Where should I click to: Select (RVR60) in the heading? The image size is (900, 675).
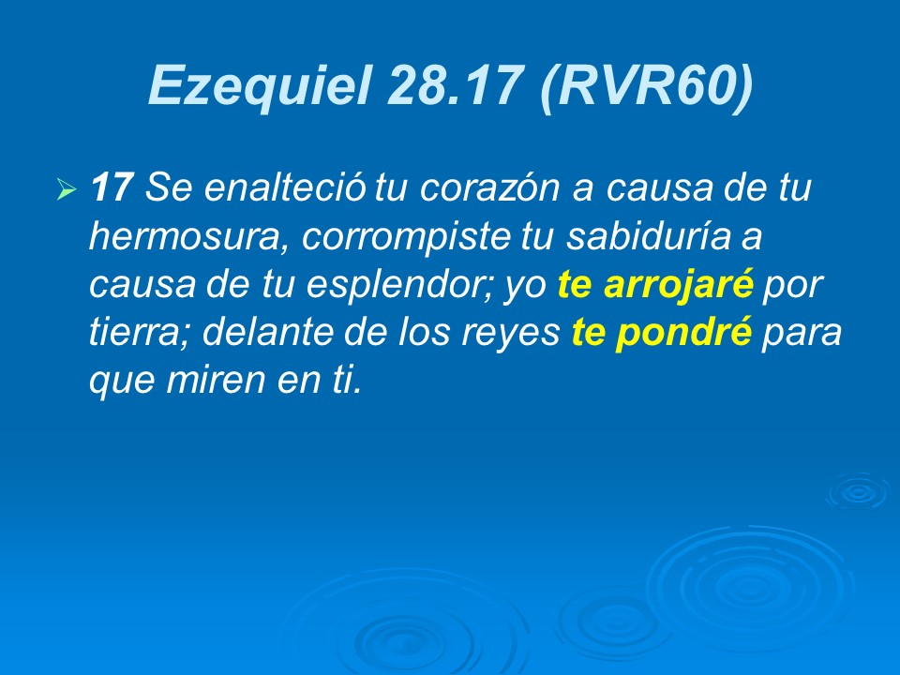(646, 86)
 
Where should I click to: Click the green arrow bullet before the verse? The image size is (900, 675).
(65, 191)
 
